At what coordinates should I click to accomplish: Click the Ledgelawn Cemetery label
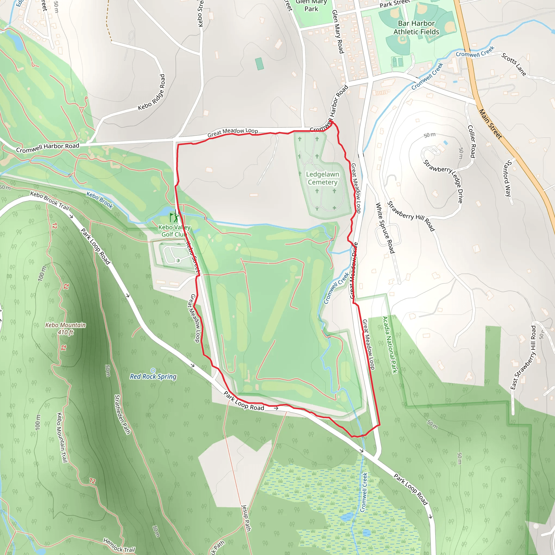coord(322,178)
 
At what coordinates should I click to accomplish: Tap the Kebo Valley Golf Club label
coord(174,231)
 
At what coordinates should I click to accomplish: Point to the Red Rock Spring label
coord(153,376)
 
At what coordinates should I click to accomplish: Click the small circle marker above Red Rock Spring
coord(153,370)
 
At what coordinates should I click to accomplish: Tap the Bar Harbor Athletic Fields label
coord(416,28)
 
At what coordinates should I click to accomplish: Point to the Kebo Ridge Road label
coord(152,92)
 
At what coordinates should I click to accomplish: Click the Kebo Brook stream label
coord(100,200)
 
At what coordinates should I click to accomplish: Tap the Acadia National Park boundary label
coord(389,345)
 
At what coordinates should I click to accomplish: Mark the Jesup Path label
coord(246,518)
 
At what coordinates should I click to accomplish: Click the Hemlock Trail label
coord(119,545)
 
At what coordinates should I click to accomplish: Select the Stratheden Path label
coord(122,415)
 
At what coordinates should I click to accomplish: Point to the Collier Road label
coord(472,141)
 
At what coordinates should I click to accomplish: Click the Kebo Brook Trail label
coord(50,201)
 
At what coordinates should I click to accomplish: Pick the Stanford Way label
coord(508,178)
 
